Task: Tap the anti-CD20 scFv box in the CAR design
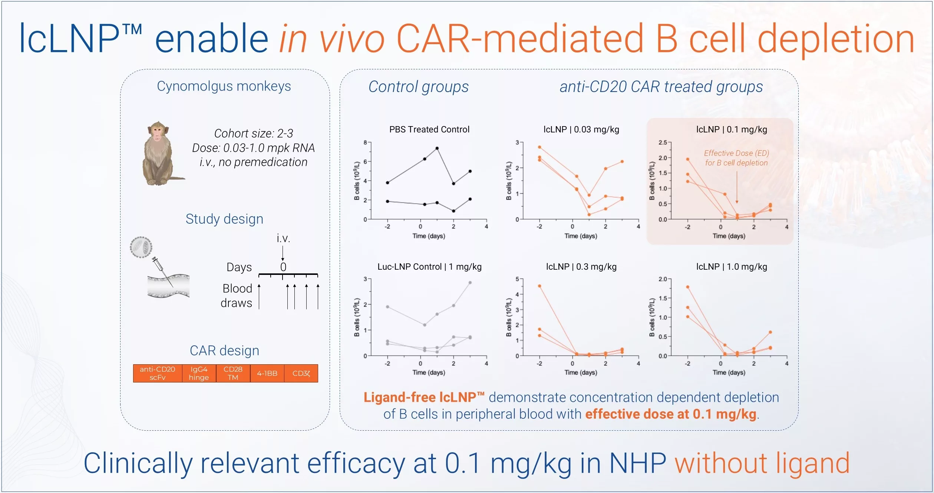coord(158,373)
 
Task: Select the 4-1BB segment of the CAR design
coord(267,373)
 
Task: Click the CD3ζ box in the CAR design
coord(301,373)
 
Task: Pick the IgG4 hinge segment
coord(199,373)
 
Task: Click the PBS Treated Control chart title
coord(429,129)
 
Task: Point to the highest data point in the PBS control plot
coord(437,148)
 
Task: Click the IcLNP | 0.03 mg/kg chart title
coord(581,129)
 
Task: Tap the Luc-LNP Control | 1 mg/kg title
coord(429,267)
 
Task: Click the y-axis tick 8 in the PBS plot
coord(365,142)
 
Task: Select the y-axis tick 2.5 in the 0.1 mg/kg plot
coord(663,142)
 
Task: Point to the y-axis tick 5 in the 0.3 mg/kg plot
coord(517,279)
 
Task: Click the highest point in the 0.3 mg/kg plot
coord(539,286)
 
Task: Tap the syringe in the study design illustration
coord(162,270)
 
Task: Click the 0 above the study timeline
coord(283,267)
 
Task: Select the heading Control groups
coord(418,87)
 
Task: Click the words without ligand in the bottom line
coord(762,463)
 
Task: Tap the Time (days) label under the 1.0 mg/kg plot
coord(729,372)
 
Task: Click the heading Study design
coord(224,219)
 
